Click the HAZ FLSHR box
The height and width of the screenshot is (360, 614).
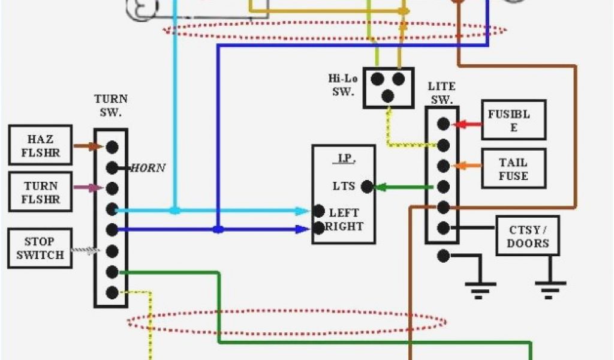click(40, 145)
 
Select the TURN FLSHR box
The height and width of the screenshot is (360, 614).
click(40, 192)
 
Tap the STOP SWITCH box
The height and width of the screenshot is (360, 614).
click(40, 248)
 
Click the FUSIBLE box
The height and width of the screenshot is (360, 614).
click(513, 120)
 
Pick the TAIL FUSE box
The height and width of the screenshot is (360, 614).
click(513, 169)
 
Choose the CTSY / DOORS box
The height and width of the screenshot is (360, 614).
click(527, 236)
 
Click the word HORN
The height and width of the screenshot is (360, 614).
click(149, 168)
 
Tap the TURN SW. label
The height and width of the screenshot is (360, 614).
click(111, 106)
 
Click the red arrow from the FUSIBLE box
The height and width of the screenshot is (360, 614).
click(468, 124)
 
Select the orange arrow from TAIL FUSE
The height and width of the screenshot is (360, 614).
click(468, 166)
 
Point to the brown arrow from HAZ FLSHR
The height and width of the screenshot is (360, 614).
click(88, 146)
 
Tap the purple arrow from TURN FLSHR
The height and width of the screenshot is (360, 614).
click(88, 188)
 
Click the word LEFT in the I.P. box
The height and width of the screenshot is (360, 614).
click(344, 212)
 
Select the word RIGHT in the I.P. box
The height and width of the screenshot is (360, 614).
click(344, 226)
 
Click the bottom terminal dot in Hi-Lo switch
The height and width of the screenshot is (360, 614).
click(389, 96)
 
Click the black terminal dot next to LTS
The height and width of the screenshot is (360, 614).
click(367, 187)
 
